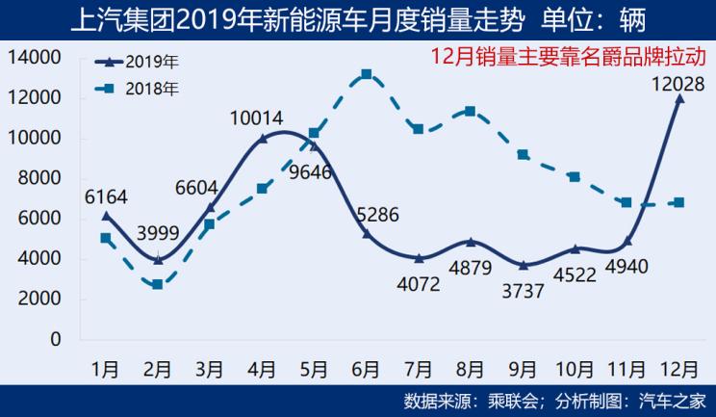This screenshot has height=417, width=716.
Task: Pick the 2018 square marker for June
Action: pos(367,74)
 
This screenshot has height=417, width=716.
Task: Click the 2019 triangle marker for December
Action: pos(680,98)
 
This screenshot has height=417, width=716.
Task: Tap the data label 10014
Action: pos(256,119)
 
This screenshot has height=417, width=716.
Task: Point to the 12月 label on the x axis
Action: pos(681,369)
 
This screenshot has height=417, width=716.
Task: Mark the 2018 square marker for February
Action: pos(157,285)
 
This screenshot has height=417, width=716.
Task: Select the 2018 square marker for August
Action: pos(471,111)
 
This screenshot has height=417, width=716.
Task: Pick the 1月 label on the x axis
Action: pos(105,369)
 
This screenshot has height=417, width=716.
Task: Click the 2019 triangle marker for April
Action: pos(262,139)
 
